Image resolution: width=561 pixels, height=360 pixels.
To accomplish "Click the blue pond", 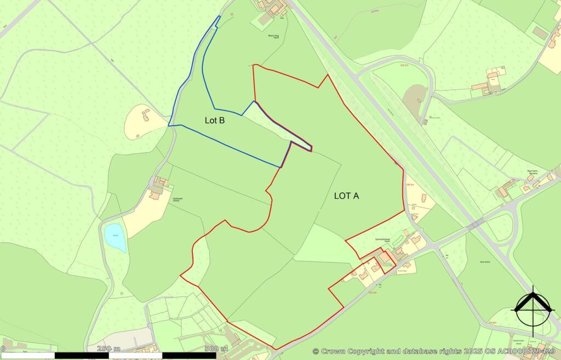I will tap(115, 237).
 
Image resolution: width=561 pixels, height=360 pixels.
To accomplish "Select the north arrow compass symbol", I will tap(531, 310).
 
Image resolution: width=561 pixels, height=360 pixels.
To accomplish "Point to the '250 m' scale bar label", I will tap(108, 348).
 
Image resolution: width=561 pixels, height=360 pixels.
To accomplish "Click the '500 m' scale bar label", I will tap(216, 348).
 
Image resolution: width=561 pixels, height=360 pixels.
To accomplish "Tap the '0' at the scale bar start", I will tap(3, 348).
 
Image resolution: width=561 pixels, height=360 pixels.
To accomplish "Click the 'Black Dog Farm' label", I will tap(274, 36).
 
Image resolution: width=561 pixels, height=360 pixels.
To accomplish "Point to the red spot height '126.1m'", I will tap(409, 185).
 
